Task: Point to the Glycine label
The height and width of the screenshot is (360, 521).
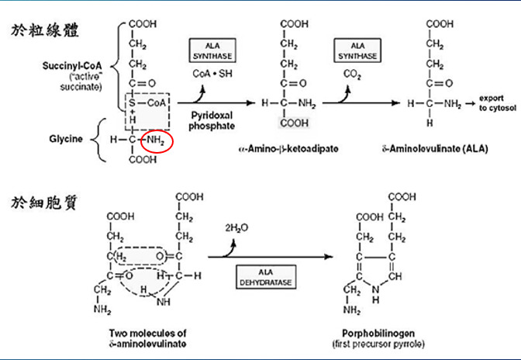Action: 62,140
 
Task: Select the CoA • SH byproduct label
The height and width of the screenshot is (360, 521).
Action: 212,73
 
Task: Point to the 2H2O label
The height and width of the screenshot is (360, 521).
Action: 236,229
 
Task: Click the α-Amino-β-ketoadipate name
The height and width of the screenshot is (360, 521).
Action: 288,147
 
